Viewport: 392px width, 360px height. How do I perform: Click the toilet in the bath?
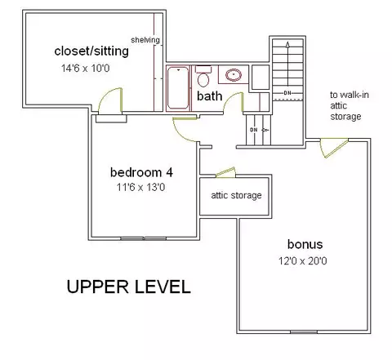point(203,76)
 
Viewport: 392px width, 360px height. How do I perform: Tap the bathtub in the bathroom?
point(178,88)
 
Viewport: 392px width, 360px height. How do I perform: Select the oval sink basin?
point(234,75)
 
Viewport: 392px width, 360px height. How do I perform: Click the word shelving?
point(145,40)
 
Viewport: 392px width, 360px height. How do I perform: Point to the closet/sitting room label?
point(91,51)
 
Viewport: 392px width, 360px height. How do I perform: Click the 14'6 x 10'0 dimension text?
point(86,68)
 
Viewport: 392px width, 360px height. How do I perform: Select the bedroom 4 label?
point(141,172)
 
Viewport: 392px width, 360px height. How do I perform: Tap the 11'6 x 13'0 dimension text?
point(140,187)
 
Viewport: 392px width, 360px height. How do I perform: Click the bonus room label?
point(305,244)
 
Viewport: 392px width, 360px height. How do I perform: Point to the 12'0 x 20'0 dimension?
point(302,261)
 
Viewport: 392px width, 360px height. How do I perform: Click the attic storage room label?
point(236,195)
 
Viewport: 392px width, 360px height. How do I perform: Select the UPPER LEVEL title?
point(128,287)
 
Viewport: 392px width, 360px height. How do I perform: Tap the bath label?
point(209,96)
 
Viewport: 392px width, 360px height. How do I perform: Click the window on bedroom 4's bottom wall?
point(143,238)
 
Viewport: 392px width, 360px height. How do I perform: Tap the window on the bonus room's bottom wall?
point(304,332)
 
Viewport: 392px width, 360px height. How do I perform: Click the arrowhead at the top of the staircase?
point(287,44)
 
